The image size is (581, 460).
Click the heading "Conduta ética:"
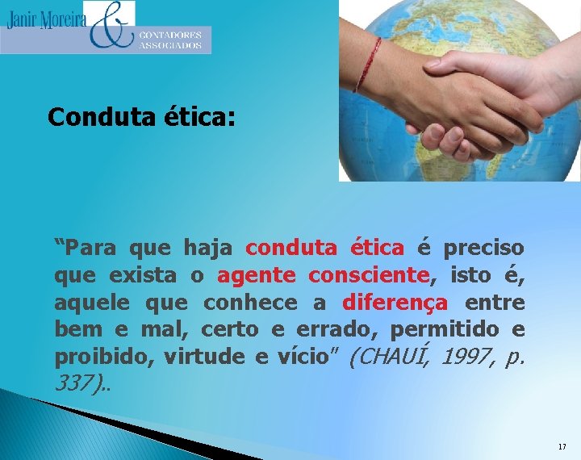[x=141, y=118]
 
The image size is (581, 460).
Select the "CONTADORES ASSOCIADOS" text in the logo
[x=170, y=40]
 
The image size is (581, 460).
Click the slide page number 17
[x=562, y=446]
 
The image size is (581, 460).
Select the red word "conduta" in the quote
[x=293, y=247]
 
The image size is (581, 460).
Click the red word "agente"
[x=256, y=275]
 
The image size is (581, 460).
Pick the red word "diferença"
[x=395, y=303]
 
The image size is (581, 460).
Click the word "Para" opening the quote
[x=87, y=247]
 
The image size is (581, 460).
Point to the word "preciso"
[x=483, y=247]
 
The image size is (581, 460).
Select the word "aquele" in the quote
[x=93, y=303]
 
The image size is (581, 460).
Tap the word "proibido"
[x=102, y=358]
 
